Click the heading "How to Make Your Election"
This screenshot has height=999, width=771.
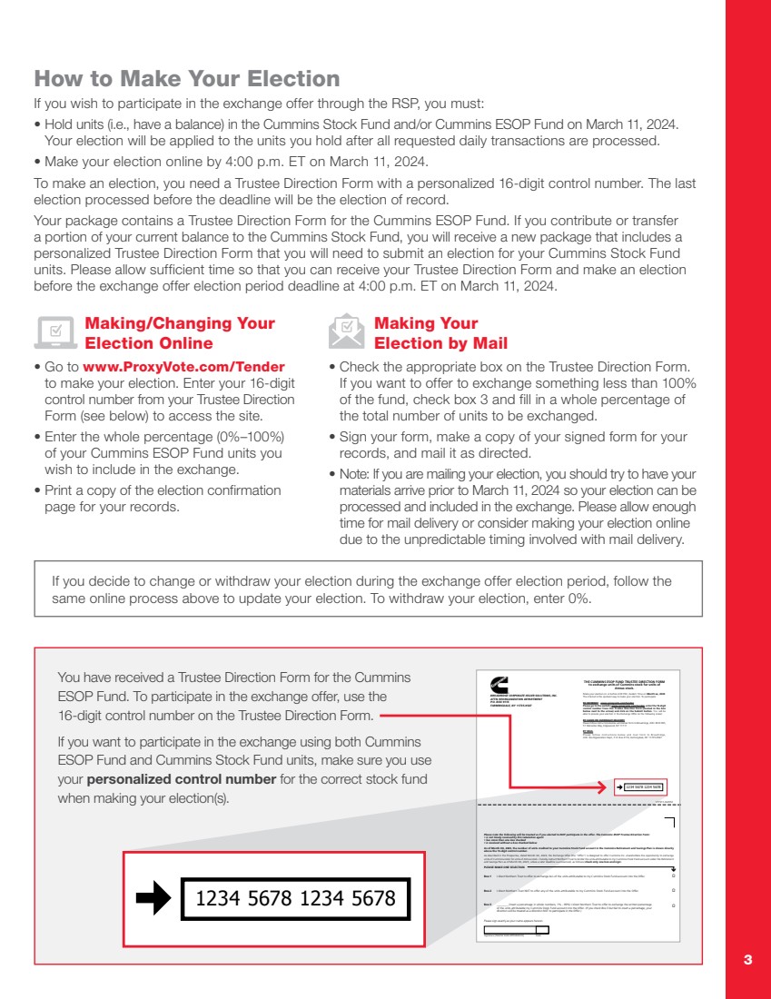click(186, 78)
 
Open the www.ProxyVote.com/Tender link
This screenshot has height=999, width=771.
click(183, 367)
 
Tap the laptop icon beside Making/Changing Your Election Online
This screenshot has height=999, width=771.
click(55, 333)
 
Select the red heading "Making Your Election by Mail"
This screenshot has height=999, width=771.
click(440, 333)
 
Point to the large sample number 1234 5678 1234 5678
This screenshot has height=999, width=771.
click(296, 898)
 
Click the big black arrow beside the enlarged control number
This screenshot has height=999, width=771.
click(153, 898)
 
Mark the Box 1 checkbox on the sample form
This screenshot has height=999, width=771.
click(673, 876)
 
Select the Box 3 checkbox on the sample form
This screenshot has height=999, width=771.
click(673, 905)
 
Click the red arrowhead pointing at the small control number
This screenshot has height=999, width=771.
click(604, 786)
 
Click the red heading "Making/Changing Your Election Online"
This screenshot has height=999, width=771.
click(180, 333)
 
